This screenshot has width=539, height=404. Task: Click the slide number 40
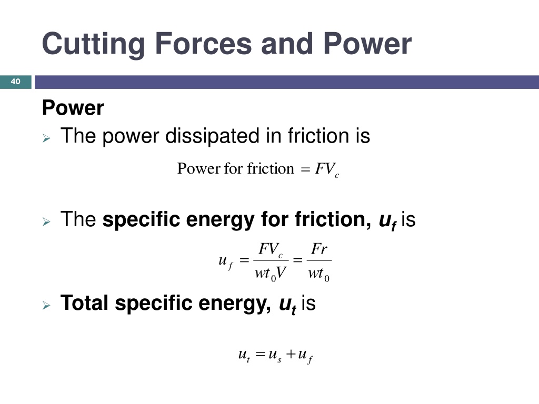pyautogui.click(x=15, y=82)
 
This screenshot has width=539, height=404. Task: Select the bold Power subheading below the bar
pyautogui.click(x=73, y=107)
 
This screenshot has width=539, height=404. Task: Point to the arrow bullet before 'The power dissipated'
pyautogui.click(x=46, y=138)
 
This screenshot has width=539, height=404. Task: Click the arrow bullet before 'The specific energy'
pyautogui.click(x=46, y=221)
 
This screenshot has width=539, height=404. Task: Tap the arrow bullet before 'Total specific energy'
pyautogui.click(x=46, y=305)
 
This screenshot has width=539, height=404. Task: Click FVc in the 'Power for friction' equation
pyautogui.click(x=327, y=169)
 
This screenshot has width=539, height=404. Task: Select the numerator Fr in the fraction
pyautogui.click(x=319, y=249)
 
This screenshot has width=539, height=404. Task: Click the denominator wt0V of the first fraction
pyautogui.click(x=271, y=274)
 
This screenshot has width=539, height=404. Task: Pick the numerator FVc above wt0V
pyautogui.click(x=271, y=249)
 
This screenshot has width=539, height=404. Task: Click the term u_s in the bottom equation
pyautogui.click(x=275, y=355)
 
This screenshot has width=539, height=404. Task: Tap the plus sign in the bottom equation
pyautogui.click(x=291, y=354)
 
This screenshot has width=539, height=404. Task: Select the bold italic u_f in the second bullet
pyautogui.click(x=387, y=221)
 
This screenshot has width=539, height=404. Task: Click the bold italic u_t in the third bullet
pyautogui.click(x=288, y=305)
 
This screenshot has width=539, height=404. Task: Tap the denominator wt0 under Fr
pyautogui.click(x=318, y=274)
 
